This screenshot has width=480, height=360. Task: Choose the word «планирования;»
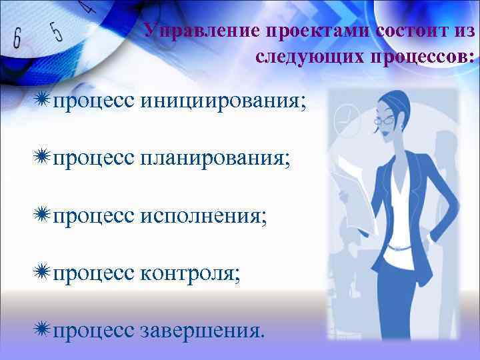215,159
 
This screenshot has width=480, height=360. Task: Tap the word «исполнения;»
203,217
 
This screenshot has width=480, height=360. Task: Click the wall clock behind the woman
345,120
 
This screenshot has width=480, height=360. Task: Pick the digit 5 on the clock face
57,31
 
